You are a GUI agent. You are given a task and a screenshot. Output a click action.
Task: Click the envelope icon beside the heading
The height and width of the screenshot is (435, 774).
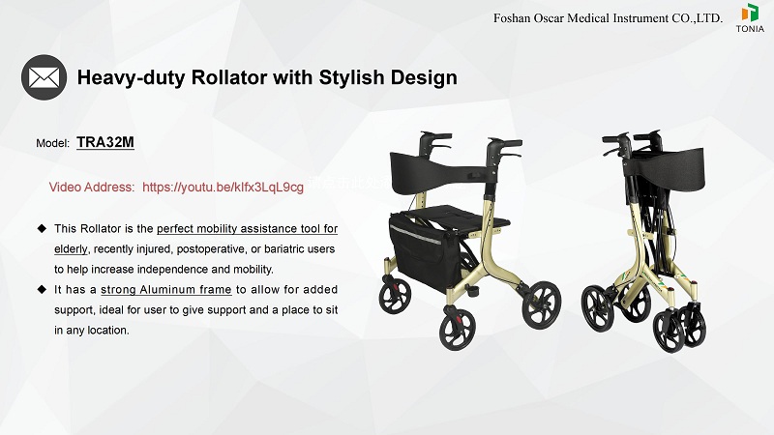pyautogui.click(x=44, y=76)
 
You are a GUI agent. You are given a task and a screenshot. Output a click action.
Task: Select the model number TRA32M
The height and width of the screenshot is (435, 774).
pyautogui.click(x=104, y=143)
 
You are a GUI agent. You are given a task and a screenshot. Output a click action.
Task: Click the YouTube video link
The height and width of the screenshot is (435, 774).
pyautogui.click(x=223, y=187)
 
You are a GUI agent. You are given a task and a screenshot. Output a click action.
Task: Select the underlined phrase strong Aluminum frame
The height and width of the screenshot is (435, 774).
pyautogui.click(x=165, y=290)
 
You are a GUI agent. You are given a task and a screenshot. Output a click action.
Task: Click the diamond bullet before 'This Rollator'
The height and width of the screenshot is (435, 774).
pyautogui.click(x=42, y=228)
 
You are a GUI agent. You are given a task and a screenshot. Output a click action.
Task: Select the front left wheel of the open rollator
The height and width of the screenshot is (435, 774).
pyautogui.click(x=395, y=296)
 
